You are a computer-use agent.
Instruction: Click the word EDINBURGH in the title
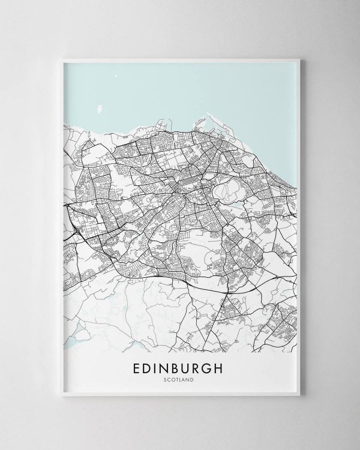coord(179,368)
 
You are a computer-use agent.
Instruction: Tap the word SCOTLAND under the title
coord(179,379)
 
